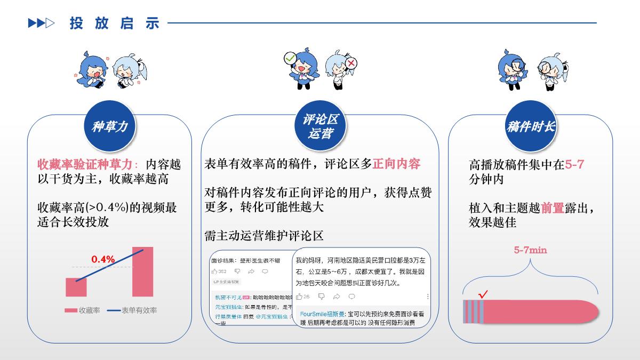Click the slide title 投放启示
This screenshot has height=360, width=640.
pos(114,23)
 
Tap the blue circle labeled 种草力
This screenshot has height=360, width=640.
pos(110,126)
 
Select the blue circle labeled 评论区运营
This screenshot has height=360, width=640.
pos(320,126)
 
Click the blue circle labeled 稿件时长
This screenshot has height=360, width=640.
pos(531,126)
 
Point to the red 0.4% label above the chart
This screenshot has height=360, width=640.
pos(103,259)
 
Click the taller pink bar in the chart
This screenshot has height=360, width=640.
pos(142,271)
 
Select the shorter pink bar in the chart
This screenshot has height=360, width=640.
pos(76,287)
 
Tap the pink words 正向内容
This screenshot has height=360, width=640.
pos(396,164)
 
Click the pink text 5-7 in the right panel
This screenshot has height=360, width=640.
pos(574,165)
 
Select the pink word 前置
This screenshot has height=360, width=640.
pos(553,208)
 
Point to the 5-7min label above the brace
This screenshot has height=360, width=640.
pos(530,250)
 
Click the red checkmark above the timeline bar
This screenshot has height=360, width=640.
pos(484,294)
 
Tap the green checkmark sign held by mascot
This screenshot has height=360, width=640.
pos(290,58)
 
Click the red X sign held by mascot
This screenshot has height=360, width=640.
pos(351,64)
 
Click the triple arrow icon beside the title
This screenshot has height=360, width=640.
pos(41,23)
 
